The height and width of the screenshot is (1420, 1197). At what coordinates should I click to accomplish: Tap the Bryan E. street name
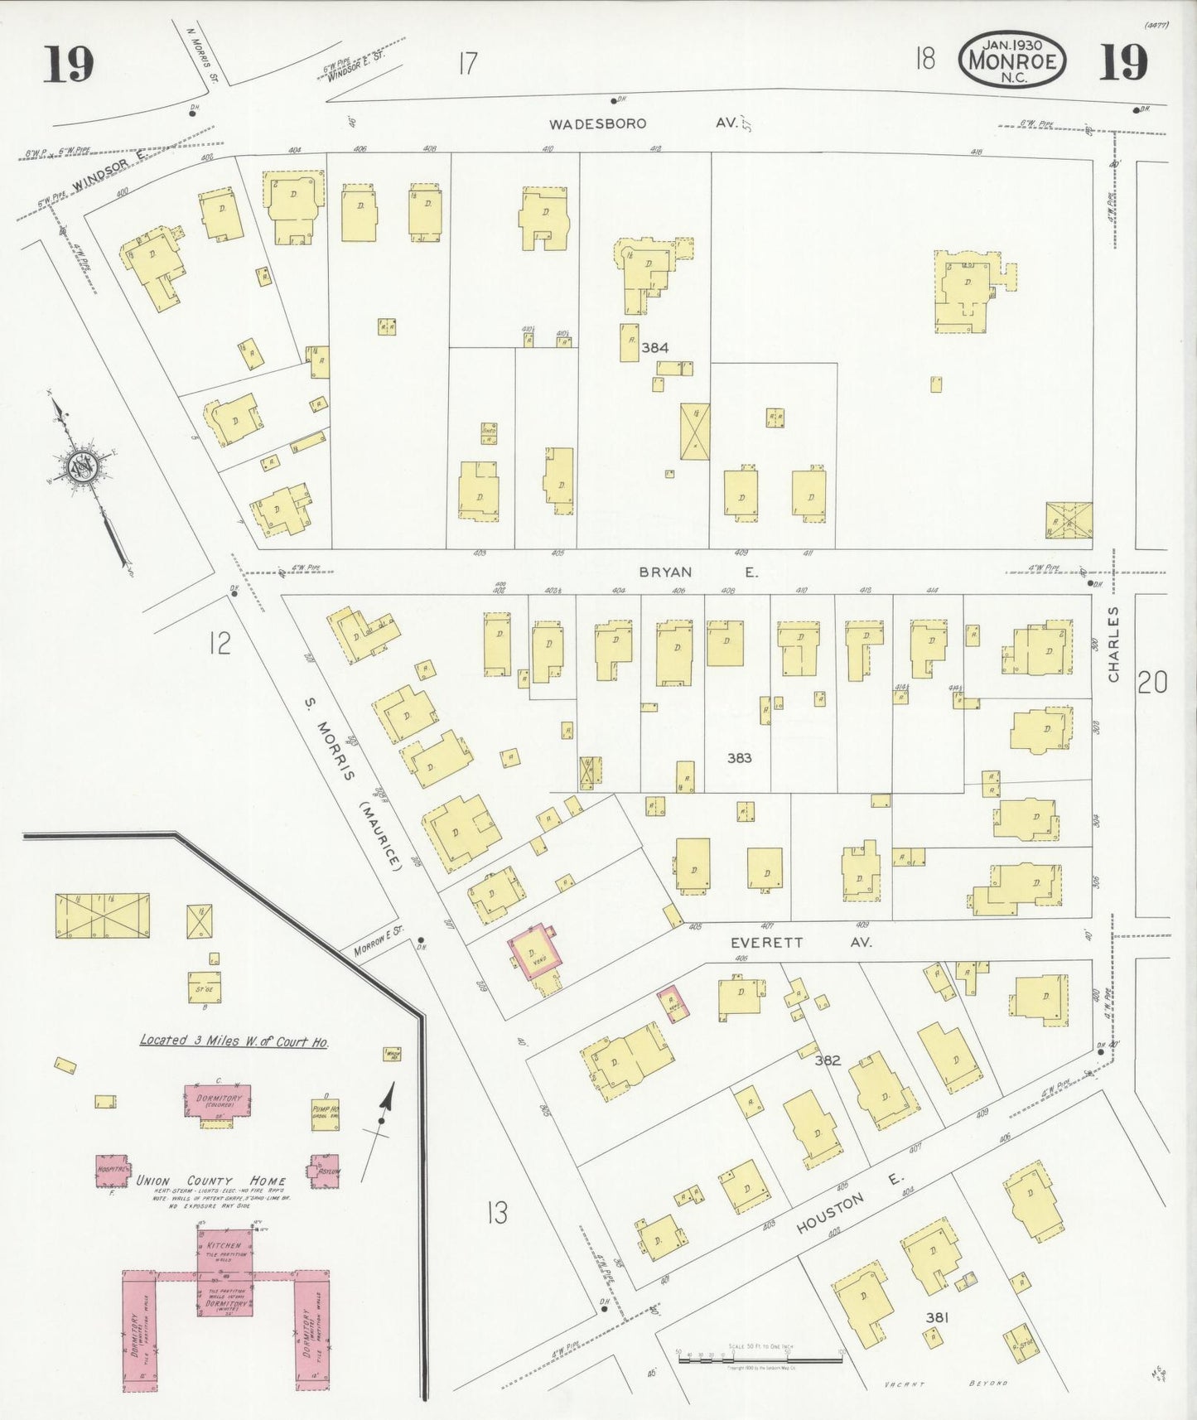[698, 572]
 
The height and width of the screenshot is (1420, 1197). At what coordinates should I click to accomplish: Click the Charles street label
[1113, 644]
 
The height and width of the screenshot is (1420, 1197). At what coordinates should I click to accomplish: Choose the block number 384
[654, 348]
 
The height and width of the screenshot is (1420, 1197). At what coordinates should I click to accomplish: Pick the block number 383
[739, 757]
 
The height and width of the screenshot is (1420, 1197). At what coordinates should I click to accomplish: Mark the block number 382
[828, 1060]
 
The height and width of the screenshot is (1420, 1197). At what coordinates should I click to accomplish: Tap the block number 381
[937, 1317]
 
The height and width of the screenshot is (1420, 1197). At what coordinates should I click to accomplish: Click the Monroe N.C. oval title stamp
[1011, 60]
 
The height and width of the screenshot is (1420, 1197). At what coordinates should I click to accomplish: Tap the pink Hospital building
[111, 1170]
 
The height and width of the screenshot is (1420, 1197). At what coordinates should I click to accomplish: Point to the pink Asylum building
[324, 1171]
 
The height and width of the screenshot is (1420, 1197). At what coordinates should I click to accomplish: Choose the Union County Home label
[211, 1181]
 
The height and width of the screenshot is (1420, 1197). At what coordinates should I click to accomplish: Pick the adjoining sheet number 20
[1152, 682]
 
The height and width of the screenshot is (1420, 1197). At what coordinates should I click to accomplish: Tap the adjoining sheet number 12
[219, 643]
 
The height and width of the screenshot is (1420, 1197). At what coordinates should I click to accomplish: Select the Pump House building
[325, 1113]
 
